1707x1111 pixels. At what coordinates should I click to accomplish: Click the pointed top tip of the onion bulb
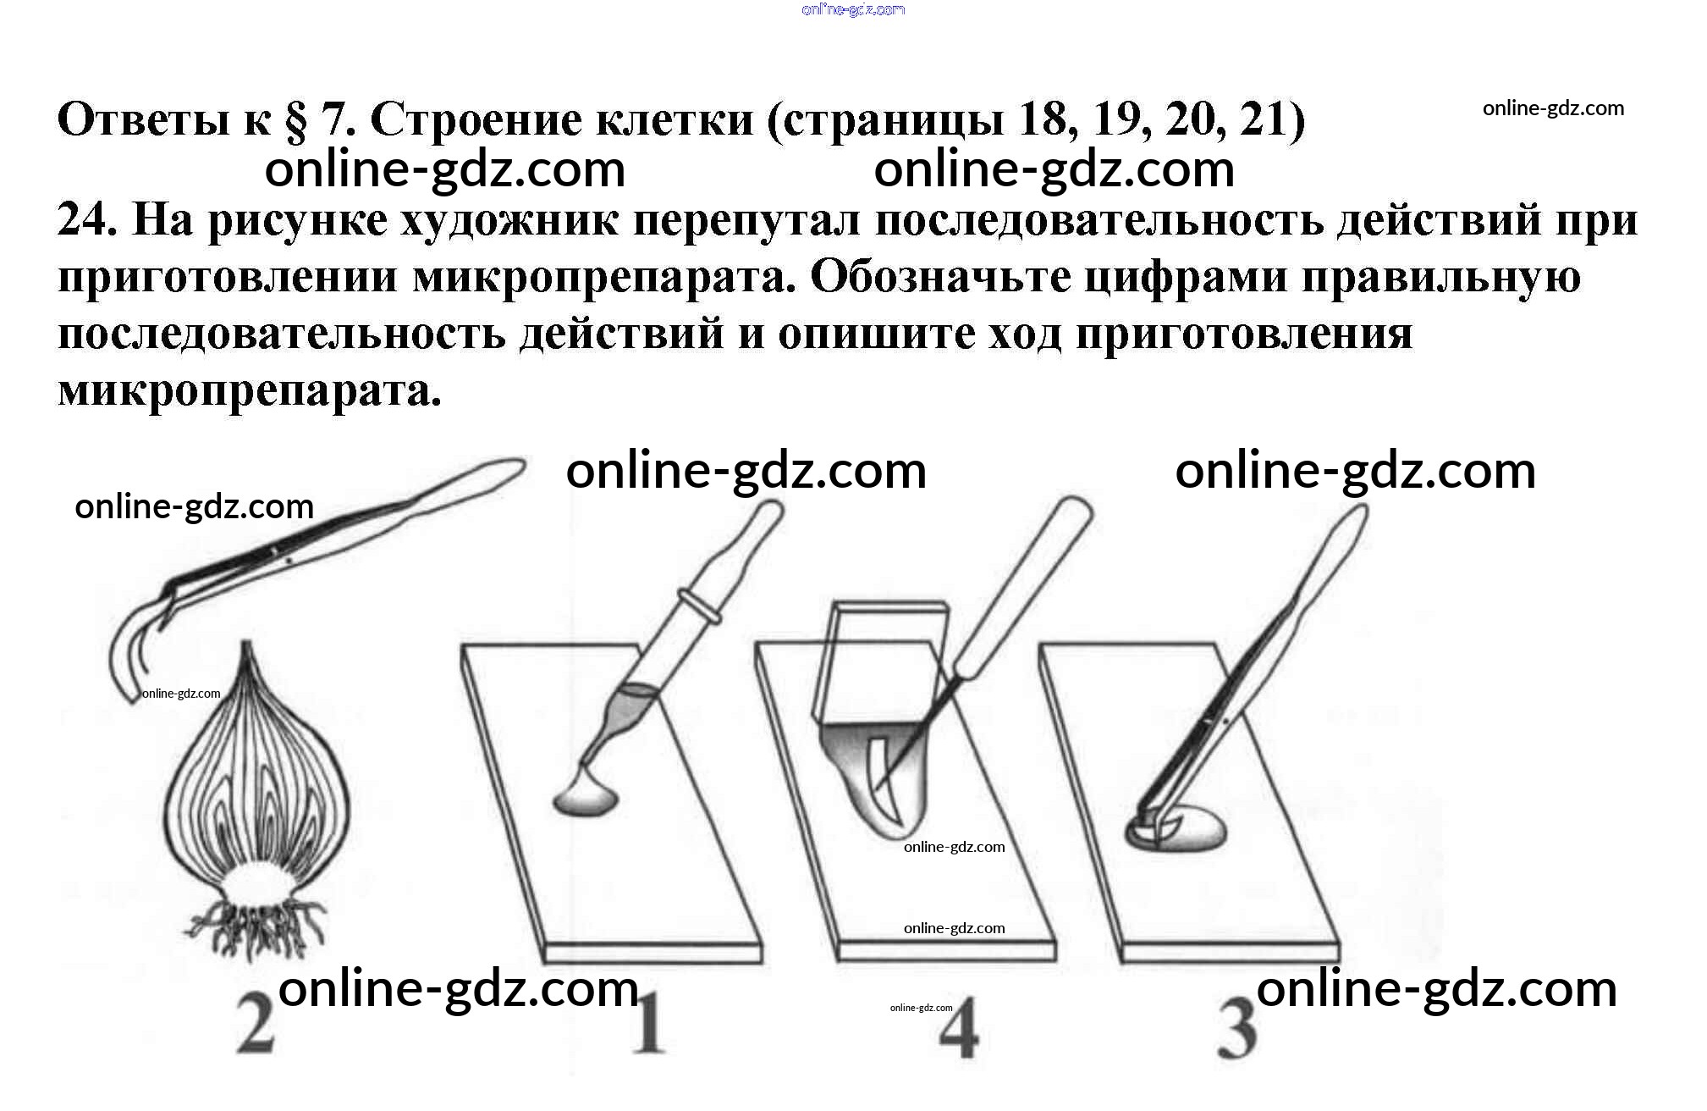[x=247, y=644]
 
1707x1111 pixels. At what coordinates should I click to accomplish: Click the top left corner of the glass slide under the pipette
[x=463, y=649]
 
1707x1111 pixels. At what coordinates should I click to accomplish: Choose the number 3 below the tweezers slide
[x=1236, y=1028]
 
